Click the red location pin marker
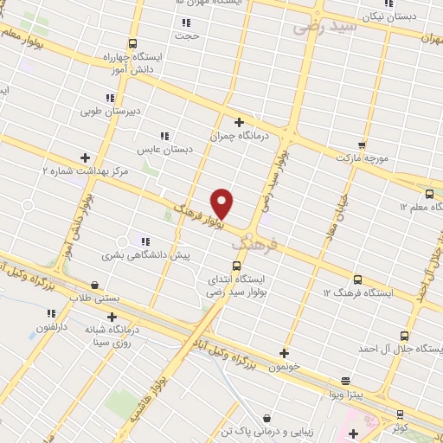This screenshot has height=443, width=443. coord(222,202)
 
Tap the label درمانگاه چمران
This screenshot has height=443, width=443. coord(240,137)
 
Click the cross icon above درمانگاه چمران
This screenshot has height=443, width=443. coord(240,122)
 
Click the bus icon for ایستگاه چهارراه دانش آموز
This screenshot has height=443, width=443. coord(132,43)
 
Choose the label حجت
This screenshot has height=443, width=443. coord(185,37)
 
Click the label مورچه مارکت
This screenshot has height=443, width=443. coord(362,160)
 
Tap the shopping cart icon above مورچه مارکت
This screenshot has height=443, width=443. coord(362,144)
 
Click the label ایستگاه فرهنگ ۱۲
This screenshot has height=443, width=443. coord(357,294)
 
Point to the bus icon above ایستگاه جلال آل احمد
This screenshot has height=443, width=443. coord(404,335)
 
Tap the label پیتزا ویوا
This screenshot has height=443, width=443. coord(346,395)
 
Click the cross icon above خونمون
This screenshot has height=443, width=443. coord(284,352)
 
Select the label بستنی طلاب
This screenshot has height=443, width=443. coord(94,298)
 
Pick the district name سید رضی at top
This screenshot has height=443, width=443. coord(324,25)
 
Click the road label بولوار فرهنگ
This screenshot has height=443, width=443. coord(198,215)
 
